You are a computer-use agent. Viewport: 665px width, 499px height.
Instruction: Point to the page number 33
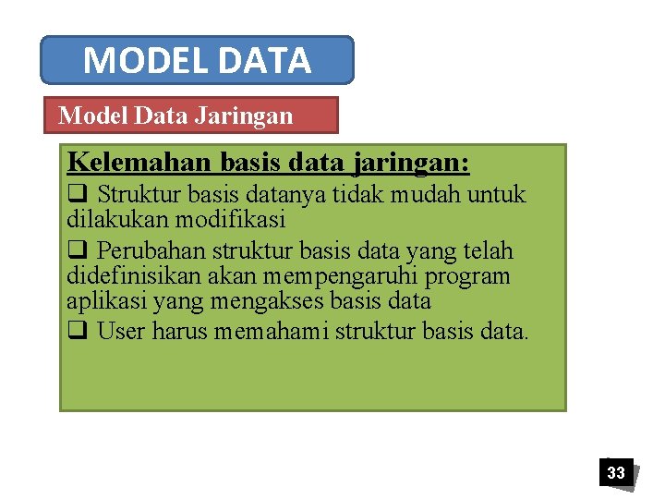(x=615, y=473)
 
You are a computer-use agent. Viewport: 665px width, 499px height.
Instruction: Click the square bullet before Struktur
(x=77, y=195)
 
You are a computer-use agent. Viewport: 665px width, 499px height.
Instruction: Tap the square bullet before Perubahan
(x=77, y=251)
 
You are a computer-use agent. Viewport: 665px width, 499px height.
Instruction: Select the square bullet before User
(x=77, y=330)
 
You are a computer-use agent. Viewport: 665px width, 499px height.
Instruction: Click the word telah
(x=489, y=251)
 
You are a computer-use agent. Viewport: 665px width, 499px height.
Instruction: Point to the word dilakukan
(x=110, y=220)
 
